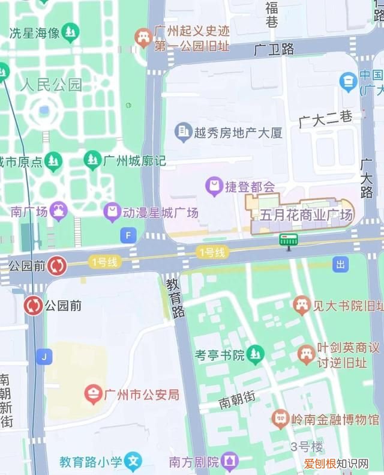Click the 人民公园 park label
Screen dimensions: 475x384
[x=51, y=84]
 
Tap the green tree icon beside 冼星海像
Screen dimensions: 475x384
[x=71, y=31]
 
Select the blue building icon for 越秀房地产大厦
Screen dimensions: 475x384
[x=183, y=132]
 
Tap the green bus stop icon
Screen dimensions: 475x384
[x=288, y=241]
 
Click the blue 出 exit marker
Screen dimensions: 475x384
[x=341, y=264]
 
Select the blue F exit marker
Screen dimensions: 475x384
[x=128, y=235]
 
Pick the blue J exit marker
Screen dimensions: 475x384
[x=43, y=357]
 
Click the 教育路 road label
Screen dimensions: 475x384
[x=173, y=297]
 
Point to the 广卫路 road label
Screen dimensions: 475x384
[x=274, y=49]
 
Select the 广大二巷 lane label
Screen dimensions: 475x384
[x=326, y=119]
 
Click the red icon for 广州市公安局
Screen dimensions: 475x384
[x=93, y=395]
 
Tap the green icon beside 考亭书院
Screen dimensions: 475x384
[x=256, y=355]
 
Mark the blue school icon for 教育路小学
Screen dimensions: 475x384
[x=134, y=462]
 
